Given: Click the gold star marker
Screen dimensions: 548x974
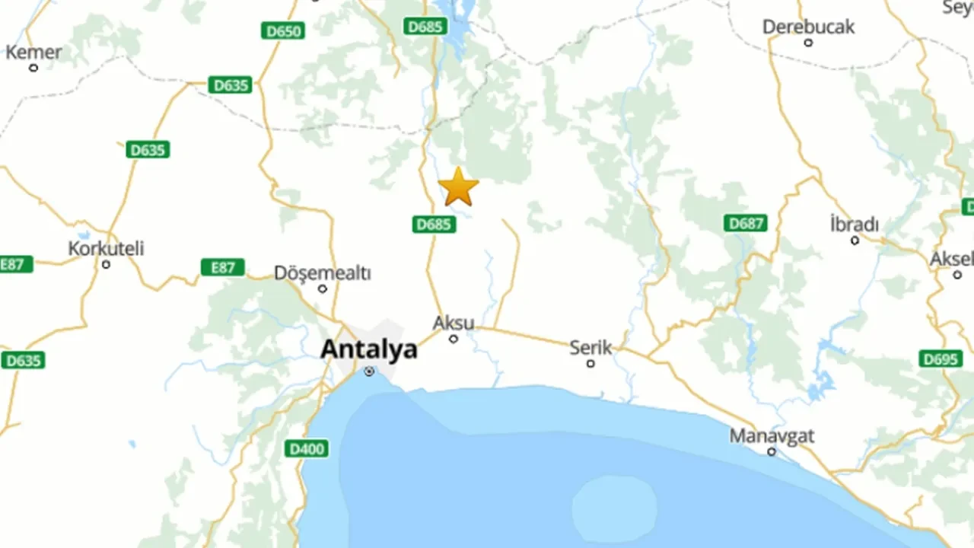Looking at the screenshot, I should coord(458,187).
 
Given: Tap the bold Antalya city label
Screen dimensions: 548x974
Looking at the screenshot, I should coord(368,349).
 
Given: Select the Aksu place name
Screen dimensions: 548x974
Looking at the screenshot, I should coord(454,323).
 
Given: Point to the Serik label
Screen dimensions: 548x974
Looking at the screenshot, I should coord(590,348).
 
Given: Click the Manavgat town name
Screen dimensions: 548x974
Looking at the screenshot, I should coord(772,436).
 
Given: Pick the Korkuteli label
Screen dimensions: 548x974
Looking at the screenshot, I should coord(106,248).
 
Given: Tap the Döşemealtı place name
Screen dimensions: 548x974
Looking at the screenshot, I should coord(322,272).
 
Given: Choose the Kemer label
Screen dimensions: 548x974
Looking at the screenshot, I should coord(33,53).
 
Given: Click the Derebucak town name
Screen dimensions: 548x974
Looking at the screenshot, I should coord(808,27).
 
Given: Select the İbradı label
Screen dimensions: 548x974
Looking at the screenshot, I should coord(854,225).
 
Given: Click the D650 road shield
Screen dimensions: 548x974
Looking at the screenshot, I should coord(282,31).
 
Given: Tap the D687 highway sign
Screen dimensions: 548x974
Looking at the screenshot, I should coord(745,223).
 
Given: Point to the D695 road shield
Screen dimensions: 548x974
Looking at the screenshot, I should coord(941,358).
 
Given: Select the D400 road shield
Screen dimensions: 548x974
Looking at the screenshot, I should coord(307,449).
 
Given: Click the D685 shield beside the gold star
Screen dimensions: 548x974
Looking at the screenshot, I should coord(434,224).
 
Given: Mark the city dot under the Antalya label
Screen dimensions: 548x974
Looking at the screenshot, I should coord(369,371).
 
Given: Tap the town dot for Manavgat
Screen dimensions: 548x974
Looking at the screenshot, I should coord(772,452).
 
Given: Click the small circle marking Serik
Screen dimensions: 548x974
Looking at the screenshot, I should coord(590,364).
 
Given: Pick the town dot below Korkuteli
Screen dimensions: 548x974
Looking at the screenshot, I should coord(106,265).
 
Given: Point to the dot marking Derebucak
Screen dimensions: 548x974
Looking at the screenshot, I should coord(808,43).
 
